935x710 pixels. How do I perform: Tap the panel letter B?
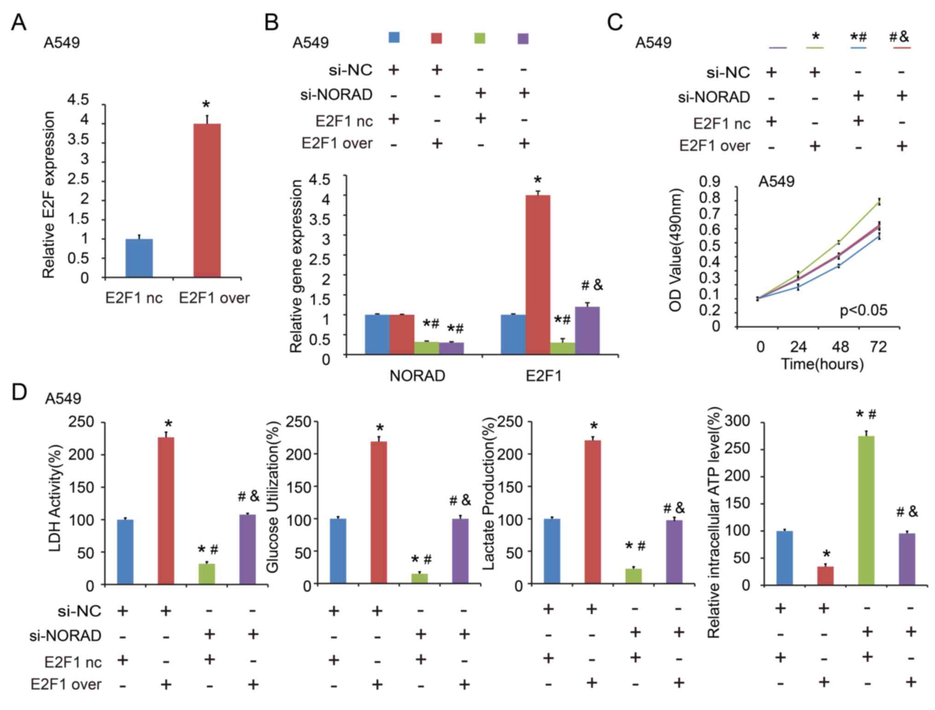[272, 22]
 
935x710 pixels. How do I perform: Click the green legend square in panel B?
[479, 38]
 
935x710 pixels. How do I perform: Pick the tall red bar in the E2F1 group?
[538, 275]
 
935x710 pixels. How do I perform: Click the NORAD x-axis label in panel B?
[417, 376]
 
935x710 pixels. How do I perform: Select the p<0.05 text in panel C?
[863, 310]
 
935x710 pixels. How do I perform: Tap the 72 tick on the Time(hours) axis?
[878, 346]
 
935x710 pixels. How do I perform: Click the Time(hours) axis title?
[822, 364]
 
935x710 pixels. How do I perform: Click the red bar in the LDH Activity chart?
[166, 511]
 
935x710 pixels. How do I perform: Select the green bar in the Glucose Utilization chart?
[419, 578]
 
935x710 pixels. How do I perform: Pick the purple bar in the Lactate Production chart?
[674, 552]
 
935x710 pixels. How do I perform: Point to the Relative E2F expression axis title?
[48, 195]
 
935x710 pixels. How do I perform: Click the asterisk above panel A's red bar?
[206, 105]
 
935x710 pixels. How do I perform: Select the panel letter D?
[19, 393]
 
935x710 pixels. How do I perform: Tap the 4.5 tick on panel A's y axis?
[78, 99]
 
